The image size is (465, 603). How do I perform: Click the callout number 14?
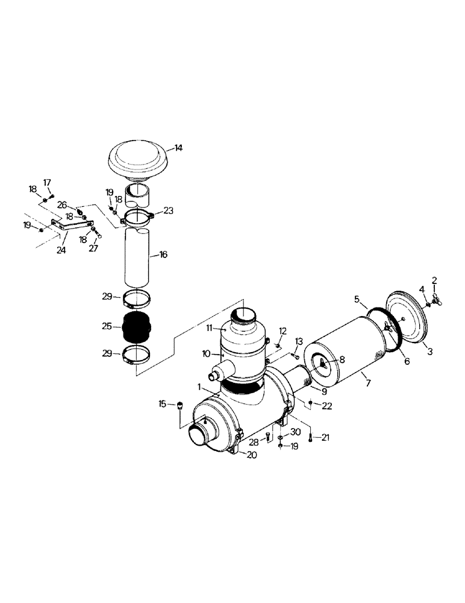(x=178, y=147)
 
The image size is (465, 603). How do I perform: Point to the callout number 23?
(x=167, y=211)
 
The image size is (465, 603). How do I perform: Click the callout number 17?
(x=47, y=182)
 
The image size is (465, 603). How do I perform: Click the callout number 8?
(x=342, y=359)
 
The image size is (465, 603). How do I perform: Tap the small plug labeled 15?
(x=179, y=405)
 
